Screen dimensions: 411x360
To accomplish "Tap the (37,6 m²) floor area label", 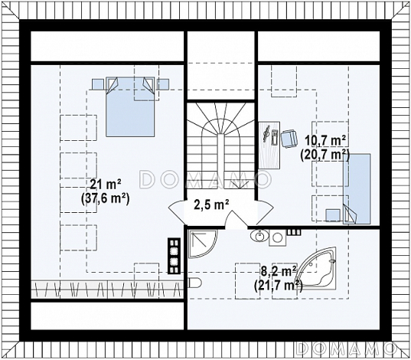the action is (106, 199).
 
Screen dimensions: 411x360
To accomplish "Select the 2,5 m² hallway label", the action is (211, 205).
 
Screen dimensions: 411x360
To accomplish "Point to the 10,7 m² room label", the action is (325, 142).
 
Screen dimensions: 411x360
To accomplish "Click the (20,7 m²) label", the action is (325, 155).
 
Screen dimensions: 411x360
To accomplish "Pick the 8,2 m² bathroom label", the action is (279, 270).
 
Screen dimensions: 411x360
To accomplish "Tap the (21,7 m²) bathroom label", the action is (279, 285).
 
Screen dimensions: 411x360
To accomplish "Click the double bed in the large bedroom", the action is (130, 106).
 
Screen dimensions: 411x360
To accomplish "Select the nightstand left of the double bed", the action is (98, 84).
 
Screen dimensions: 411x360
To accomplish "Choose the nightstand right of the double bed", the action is (162, 84).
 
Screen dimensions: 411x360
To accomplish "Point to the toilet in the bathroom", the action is (194, 283).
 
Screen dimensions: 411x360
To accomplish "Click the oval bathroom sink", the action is (259, 235).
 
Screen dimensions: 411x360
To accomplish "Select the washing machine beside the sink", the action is (277, 238).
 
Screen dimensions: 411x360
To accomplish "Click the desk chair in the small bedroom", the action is (289, 139).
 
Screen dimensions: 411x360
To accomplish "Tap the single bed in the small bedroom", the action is (357, 189).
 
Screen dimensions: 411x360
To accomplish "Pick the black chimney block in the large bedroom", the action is (175, 256).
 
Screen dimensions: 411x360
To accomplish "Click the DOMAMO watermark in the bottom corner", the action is (345, 349).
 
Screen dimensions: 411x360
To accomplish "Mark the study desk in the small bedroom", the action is (269, 145).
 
